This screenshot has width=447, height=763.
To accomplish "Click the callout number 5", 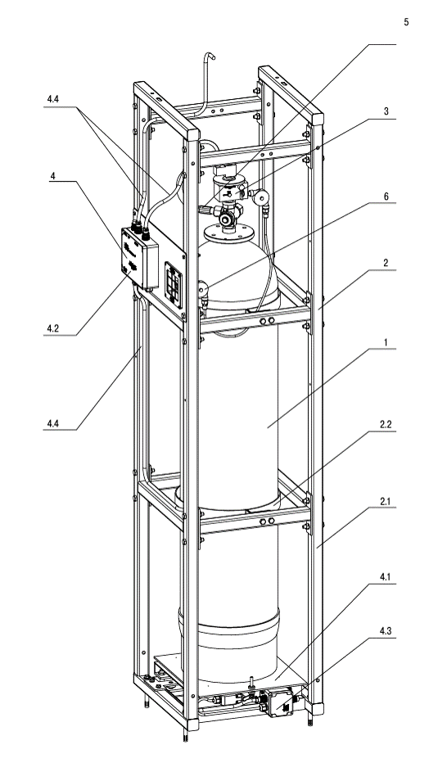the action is tap(406, 22).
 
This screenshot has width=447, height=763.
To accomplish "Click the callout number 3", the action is tap(386, 111).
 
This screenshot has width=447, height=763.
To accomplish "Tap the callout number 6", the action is tap(386, 196).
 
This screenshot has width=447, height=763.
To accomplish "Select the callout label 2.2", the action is tap(386, 424).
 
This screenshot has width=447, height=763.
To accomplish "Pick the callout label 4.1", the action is tap(386, 577).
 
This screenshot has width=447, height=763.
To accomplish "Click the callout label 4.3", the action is tap(386, 631).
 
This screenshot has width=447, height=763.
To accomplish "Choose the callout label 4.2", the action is tap(53, 328).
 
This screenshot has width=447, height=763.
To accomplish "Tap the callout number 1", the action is tap(386, 342).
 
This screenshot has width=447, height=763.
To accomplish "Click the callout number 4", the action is tap(52, 176).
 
